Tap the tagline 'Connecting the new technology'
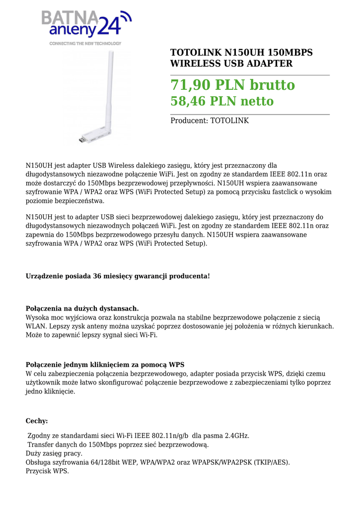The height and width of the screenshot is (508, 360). click(x=85, y=44)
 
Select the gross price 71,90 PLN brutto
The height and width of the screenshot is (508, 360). click(x=232, y=85)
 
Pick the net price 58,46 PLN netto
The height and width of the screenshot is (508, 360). click(x=222, y=102)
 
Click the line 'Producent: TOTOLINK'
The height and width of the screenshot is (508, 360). click(x=210, y=121)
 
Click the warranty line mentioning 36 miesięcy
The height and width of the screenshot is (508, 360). click(x=118, y=276)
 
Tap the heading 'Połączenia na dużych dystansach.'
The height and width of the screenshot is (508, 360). click(x=82, y=309)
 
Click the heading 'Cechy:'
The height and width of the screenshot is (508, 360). click(x=37, y=421)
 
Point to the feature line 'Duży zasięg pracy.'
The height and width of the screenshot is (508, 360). click(x=54, y=453)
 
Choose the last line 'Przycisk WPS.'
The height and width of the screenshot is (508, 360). click(x=47, y=471)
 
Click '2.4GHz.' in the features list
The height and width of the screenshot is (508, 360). click(x=236, y=436)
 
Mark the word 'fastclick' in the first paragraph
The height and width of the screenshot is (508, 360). click(x=280, y=192)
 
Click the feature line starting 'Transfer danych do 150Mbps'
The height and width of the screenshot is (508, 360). click(x=118, y=444)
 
